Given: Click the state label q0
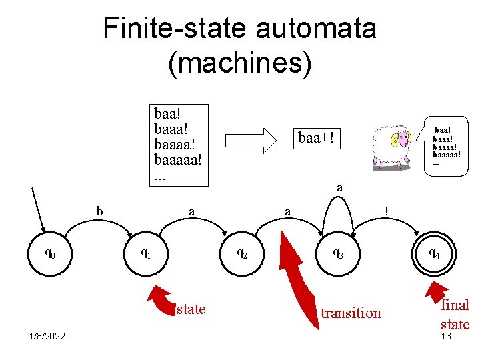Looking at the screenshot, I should [x=49, y=253].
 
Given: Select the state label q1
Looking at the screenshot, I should [x=144, y=253].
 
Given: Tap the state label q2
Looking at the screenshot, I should [x=243, y=253].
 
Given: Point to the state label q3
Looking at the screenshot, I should [x=339, y=253].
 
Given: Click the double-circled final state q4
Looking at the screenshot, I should [x=433, y=253].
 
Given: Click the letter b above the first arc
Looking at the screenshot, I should [x=100, y=211].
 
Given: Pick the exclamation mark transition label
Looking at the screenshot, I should [x=387, y=211].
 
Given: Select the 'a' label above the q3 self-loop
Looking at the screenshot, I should [x=340, y=188].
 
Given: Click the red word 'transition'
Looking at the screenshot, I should [x=351, y=313].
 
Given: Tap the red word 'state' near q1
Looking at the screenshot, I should [x=191, y=308].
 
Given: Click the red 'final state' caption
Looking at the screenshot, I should [x=455, y=314].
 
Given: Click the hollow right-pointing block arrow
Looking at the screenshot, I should [x=251, y=140].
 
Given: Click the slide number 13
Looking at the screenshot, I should [x=446, y=336].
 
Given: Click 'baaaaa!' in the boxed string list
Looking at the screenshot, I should [x=177, y=161].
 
